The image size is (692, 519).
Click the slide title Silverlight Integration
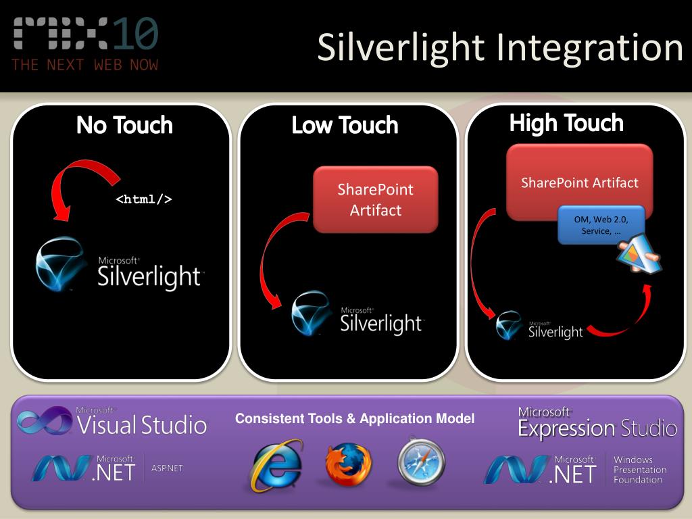500,48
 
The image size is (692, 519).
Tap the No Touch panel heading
124,125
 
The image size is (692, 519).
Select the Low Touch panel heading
345,125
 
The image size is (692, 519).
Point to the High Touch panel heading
566,123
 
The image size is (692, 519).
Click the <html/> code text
143,199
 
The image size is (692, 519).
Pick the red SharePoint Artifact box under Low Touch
376,200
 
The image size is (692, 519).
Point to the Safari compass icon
421,462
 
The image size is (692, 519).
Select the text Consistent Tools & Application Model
355,419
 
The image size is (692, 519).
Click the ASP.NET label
167,468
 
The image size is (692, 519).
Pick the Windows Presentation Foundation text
639,470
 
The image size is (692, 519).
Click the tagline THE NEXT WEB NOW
85,65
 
